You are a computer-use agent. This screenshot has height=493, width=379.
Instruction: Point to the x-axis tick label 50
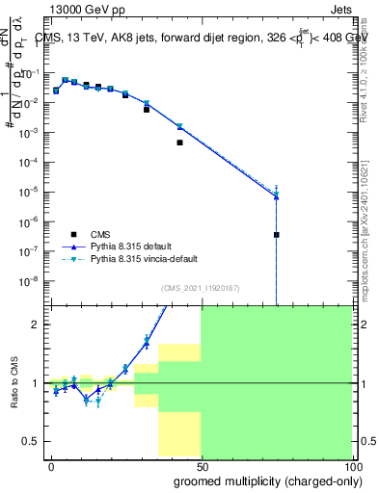(x=201, y=465)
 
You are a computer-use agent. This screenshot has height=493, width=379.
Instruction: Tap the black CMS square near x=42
(x=179, y=143)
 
